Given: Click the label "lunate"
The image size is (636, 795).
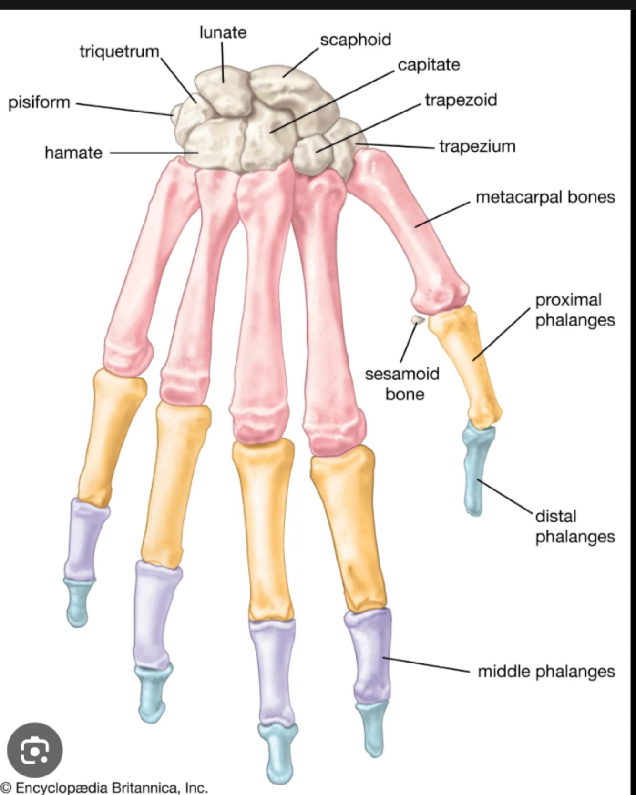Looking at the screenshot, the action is click(223, 32).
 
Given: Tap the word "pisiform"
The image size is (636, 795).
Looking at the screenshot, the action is click(39, 102).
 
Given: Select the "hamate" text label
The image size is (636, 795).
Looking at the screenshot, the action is click(73, 153).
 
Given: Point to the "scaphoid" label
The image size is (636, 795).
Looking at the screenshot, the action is click(355, 40).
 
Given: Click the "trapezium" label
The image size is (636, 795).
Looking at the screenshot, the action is click(477, 146).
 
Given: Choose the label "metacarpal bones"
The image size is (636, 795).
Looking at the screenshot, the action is click(545, 197).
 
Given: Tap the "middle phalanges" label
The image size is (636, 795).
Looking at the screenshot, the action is click(546, 671).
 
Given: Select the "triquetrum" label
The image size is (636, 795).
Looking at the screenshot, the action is click(119, 51).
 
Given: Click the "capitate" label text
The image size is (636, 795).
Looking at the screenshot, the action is click(429, 65).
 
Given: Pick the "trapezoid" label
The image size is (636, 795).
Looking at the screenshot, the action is click(461, 100).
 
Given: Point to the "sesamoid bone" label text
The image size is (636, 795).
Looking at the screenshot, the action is click(402, 384).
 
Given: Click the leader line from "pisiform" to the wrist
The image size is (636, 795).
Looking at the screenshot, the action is click(124, 109).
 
